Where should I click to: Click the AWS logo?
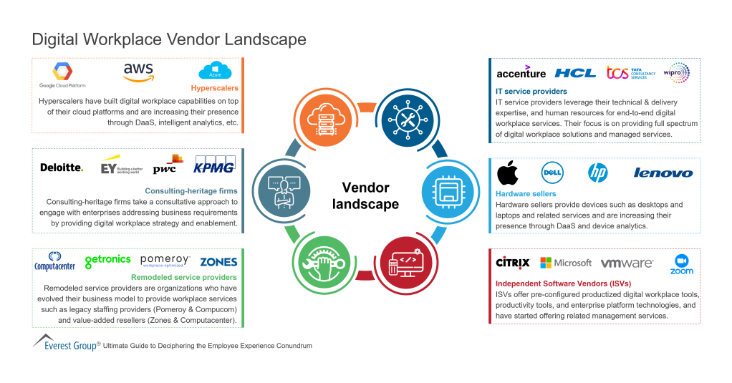[x=138, y=72]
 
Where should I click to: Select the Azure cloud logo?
[x=215, y=72]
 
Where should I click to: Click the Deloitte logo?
[x=62, y=168]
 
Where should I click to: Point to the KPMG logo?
[x=215, y=168]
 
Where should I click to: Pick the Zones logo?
[x=218, y=262]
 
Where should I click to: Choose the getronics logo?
[x=107, y=261]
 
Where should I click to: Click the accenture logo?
[x=521, y=72]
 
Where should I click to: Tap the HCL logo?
[x=575, y=73]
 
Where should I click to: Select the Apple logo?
[x=508, y=173]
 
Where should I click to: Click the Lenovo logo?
[x=663, y=173]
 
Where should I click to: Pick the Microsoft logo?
[x=566, y=263]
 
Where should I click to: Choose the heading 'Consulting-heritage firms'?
[x=191, y=191]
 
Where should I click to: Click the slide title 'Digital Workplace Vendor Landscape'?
[x=169, y=39]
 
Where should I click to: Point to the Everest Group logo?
[x=65, y=344]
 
